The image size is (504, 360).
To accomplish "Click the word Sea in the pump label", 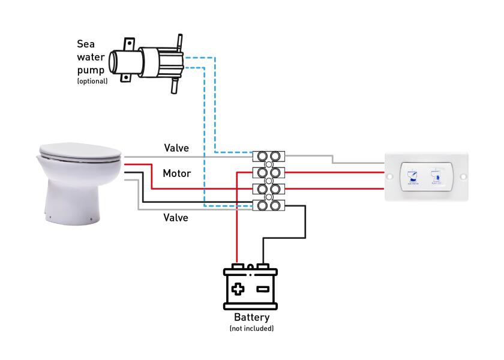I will [x=86, y=44].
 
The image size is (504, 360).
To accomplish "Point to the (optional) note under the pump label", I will [x=92, y=81].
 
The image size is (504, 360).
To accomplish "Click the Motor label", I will [x=177, y=174].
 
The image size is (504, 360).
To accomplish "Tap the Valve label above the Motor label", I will [x=177, y=148].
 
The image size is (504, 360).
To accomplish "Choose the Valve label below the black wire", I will [x=176, y=218].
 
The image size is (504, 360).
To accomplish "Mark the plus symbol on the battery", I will [x=238, y=289].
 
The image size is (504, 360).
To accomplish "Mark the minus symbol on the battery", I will [x=262, y=289].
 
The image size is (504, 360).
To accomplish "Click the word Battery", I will [x=251, y=317].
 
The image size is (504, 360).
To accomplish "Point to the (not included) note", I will [x=251, y=329].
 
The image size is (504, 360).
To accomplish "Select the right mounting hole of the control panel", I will [x=463, y=176].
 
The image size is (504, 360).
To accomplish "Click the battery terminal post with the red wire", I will [x=238, y=266].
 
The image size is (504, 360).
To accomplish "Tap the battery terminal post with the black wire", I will [x=262, y=266].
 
